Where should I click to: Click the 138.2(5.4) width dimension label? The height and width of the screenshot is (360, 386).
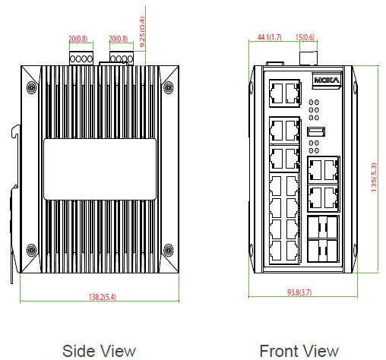[103, 297]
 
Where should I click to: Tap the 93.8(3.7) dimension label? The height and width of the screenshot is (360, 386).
[299, 292]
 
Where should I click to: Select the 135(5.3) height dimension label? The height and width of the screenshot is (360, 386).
[374, 177]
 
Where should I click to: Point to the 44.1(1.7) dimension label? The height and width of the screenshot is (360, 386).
[269, 37]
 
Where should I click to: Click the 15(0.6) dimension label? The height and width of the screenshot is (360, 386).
[305, 37]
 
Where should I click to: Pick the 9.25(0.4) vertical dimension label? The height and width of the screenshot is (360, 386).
[142, 32]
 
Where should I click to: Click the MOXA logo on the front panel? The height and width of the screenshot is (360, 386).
[327, 81]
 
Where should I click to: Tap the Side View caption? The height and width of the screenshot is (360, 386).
[99, 351]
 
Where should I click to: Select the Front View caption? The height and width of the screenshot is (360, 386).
[299, 351]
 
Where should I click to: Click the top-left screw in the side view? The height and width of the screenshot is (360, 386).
[31, 87]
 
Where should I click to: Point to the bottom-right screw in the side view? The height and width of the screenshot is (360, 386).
[168, 250]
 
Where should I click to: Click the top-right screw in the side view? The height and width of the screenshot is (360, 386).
[168, 87]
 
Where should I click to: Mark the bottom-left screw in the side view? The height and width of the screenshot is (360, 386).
[31, 250]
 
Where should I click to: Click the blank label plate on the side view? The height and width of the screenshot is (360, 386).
[100, 169]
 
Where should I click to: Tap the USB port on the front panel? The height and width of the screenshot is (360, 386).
[316, 131]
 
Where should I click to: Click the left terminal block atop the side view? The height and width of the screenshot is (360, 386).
[81, 58]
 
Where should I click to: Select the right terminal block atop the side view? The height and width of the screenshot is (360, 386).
[122, 58]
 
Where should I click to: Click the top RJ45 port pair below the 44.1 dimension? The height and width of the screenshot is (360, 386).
[284, 93]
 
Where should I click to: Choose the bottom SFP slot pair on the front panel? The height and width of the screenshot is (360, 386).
[323, 251]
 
